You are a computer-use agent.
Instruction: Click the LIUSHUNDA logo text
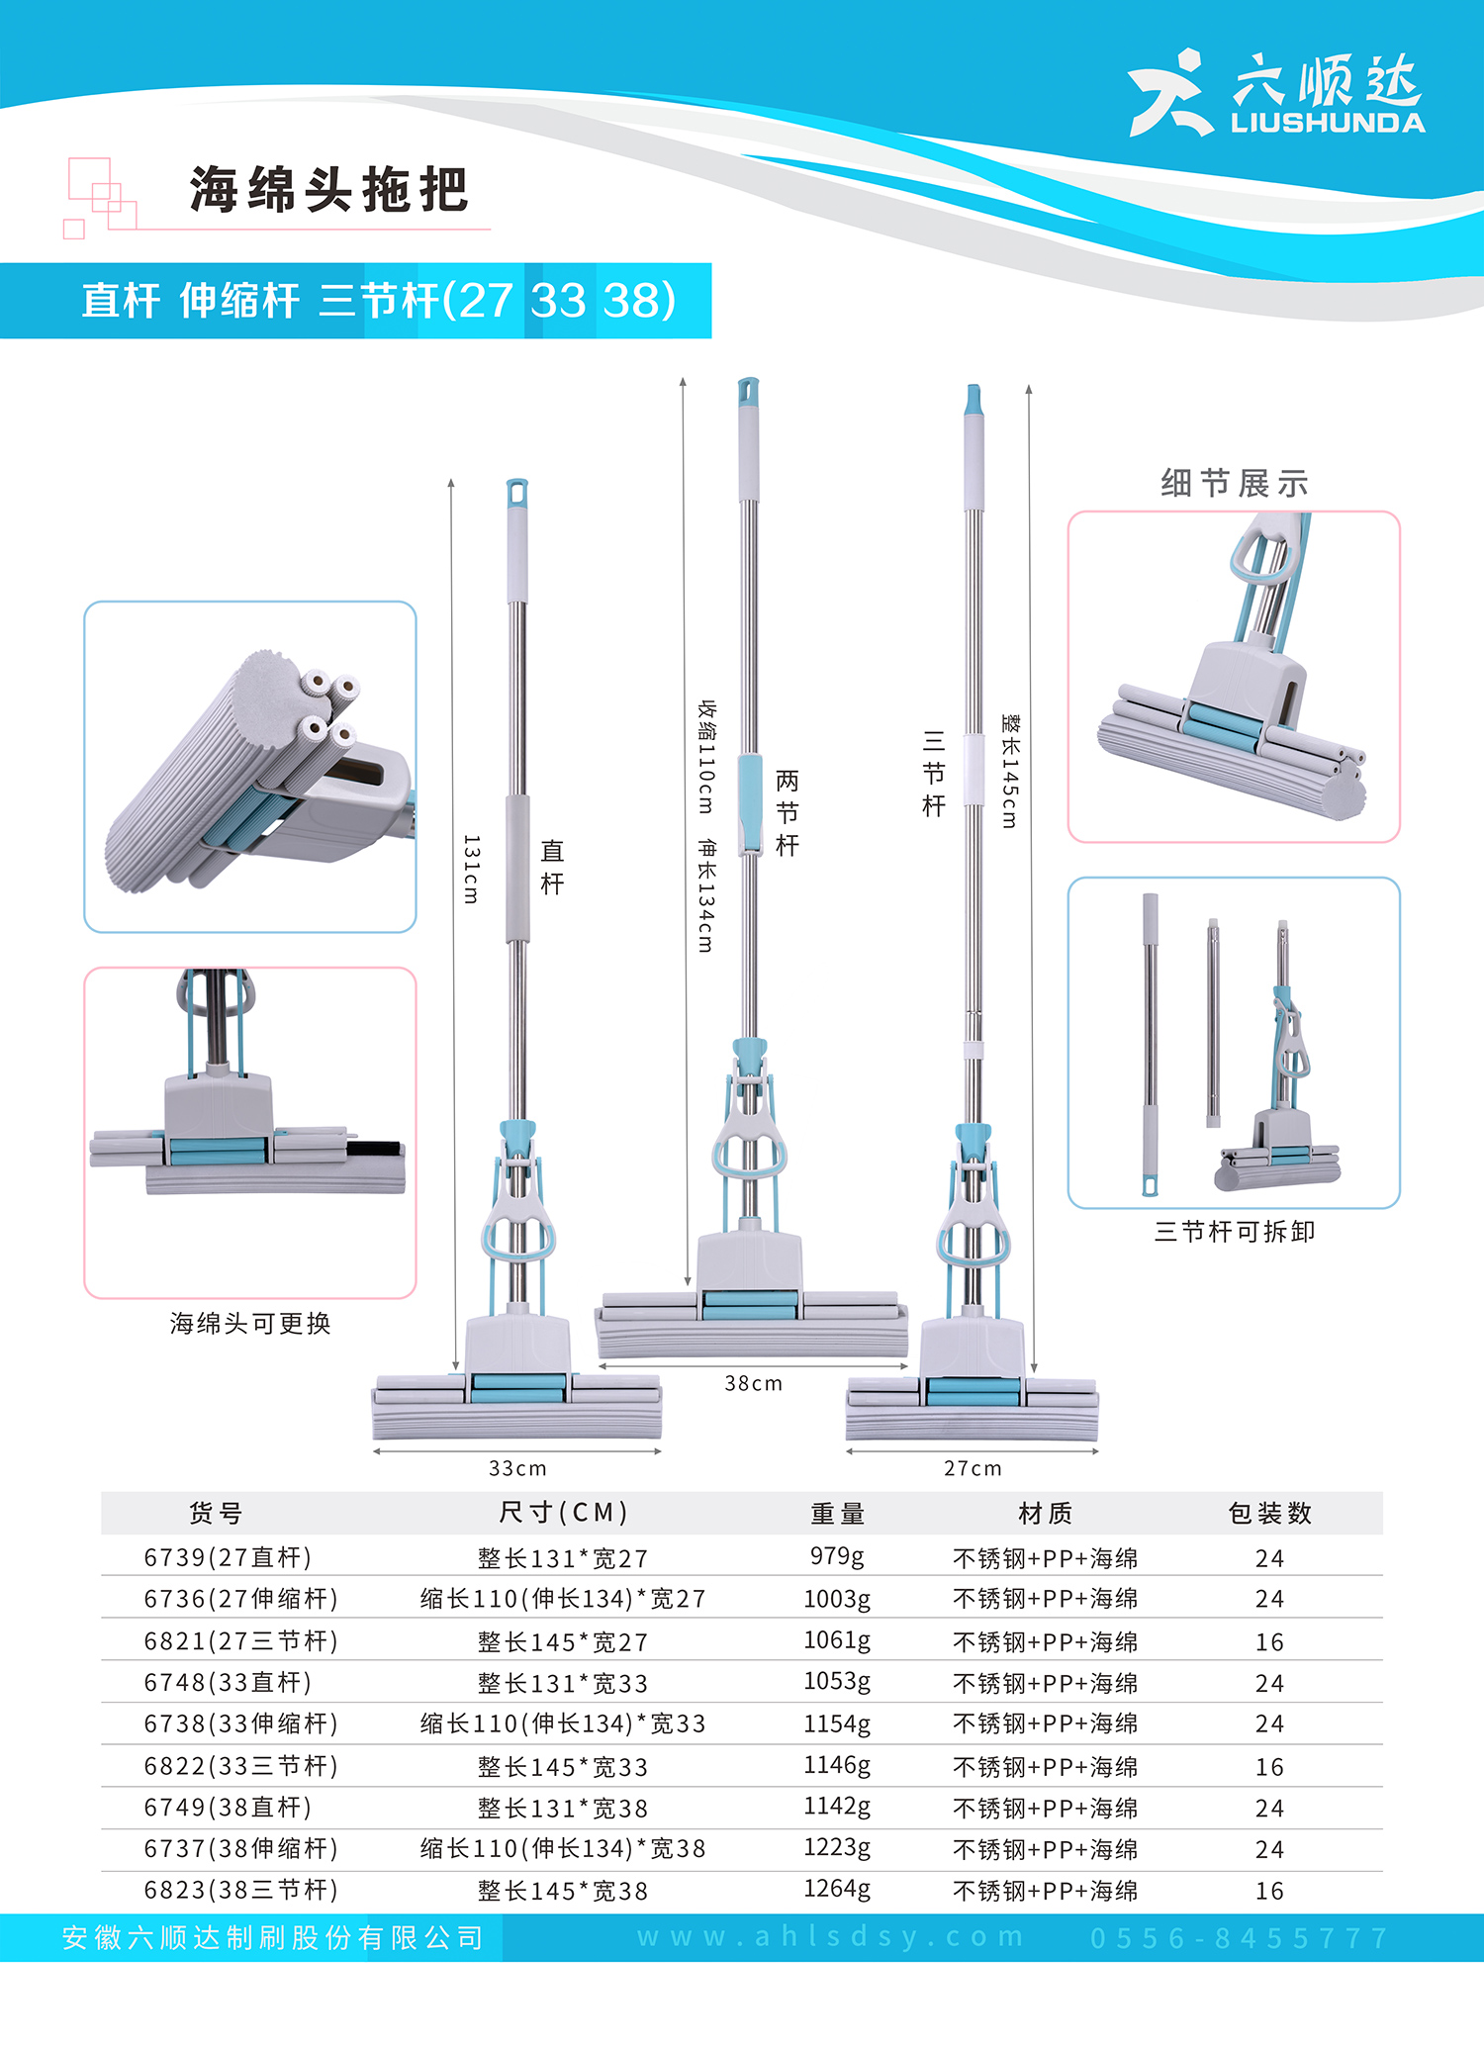click(1328, 123)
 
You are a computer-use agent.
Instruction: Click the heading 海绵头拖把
click(328, 189)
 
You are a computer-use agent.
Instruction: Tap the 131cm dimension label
click(471, 869)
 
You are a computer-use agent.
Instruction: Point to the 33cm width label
click(517, 1468)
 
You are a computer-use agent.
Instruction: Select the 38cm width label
click(753, 1383)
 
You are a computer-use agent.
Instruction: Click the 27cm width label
click(973, 1468)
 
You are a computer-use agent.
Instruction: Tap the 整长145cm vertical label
click(1009, 771)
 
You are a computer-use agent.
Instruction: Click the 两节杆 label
click(787, 812)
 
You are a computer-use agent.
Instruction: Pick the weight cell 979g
click(837, 1556)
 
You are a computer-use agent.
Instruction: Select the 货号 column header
click(216, 1513)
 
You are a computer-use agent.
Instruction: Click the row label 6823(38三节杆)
click(240, 1890)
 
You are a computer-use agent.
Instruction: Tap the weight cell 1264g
click(837, 1889)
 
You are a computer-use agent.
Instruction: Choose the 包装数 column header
click(1269, 1513)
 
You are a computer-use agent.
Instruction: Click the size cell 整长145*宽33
click(563, 1766)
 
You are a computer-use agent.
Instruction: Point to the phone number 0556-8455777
click(1240, 1937)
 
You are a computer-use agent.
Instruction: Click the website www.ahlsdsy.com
click(830, 1936)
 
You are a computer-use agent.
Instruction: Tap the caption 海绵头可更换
click(250, 1323)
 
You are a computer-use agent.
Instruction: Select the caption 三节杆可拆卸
click(1235, 1231)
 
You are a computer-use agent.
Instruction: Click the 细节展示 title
click(1235, 484)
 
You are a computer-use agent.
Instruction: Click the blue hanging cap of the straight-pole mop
click(517, 494)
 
